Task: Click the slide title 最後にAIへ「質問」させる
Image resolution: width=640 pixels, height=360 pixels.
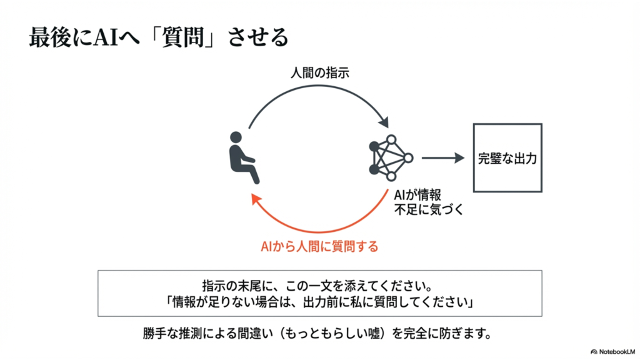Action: [159, 37]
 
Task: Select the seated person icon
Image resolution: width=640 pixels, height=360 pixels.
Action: [242, 157]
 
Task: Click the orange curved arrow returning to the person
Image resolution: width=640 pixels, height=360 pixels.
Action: [319, 222]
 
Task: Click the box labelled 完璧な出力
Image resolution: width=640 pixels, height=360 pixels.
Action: [507, 157]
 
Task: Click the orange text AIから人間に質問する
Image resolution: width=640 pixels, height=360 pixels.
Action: [319, 246]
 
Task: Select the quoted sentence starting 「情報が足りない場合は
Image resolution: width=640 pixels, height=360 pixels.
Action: [319, 302]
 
